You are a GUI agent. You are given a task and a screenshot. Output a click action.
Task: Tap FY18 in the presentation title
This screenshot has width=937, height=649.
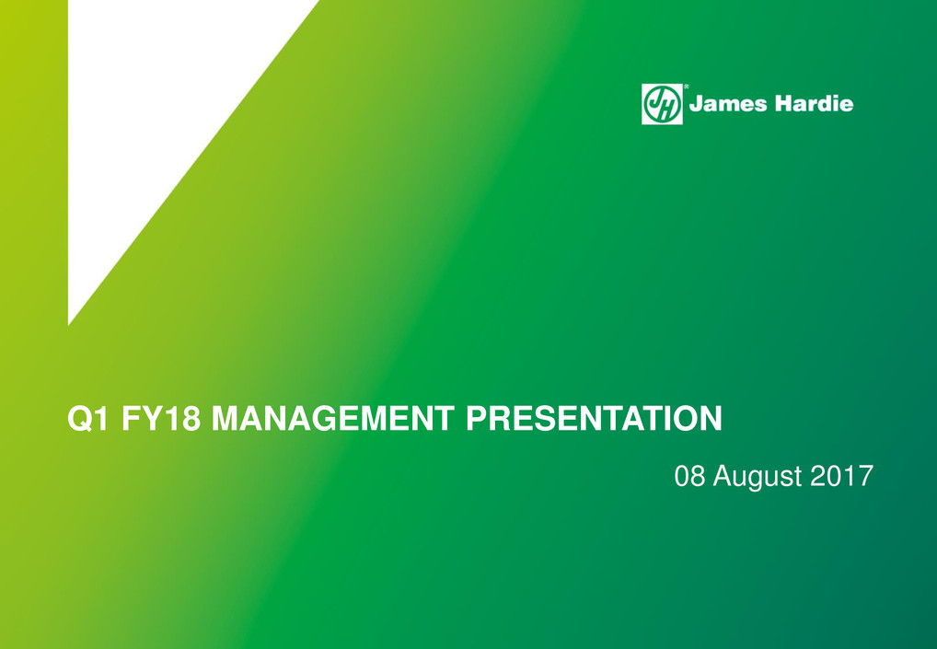point(161,418)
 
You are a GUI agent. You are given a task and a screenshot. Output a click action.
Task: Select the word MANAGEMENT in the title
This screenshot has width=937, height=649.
point(333,418)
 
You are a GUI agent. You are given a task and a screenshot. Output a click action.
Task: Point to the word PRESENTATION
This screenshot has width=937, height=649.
point(594,418)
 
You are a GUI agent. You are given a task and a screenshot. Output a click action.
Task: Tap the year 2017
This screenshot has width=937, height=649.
point(841,476)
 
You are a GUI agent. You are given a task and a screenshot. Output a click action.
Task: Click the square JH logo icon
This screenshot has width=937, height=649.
point(662,104)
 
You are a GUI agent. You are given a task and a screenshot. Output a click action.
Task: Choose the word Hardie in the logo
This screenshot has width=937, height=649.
point(814,103)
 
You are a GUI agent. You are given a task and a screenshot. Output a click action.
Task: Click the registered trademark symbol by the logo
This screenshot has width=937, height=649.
point(686,87)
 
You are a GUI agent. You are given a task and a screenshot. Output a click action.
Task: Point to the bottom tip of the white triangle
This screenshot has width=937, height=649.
point(69,324)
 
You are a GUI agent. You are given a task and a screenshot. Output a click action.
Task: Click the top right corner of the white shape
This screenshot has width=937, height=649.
point(318,1)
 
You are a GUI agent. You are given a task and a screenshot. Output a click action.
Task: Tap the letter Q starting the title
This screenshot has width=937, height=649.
point(78,419)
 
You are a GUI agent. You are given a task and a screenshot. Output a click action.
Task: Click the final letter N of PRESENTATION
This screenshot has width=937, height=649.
point(711,418)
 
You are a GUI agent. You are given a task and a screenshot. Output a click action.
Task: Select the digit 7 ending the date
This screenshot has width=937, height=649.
point(866,476)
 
